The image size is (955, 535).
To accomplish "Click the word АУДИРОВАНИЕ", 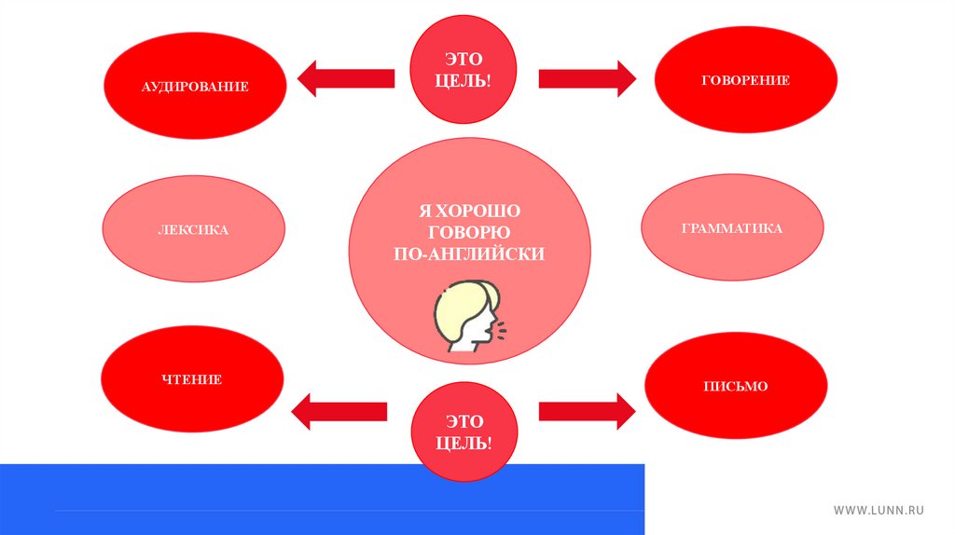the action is point(195,87).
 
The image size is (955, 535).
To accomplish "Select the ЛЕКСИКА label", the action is point(193,229).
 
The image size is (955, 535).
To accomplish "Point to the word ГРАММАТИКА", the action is point(732,228).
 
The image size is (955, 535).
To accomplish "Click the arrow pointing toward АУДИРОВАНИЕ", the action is point(344,78).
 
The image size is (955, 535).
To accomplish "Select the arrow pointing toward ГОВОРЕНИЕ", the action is point(587,78).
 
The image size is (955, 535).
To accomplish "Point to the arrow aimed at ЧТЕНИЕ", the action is point(339,410).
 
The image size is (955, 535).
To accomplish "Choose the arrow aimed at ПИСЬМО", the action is point(587,410).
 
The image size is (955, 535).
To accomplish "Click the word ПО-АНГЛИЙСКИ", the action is point(469,254).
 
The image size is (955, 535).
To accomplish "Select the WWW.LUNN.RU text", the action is point(878,510).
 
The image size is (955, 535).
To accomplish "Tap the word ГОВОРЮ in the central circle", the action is point(469,233).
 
